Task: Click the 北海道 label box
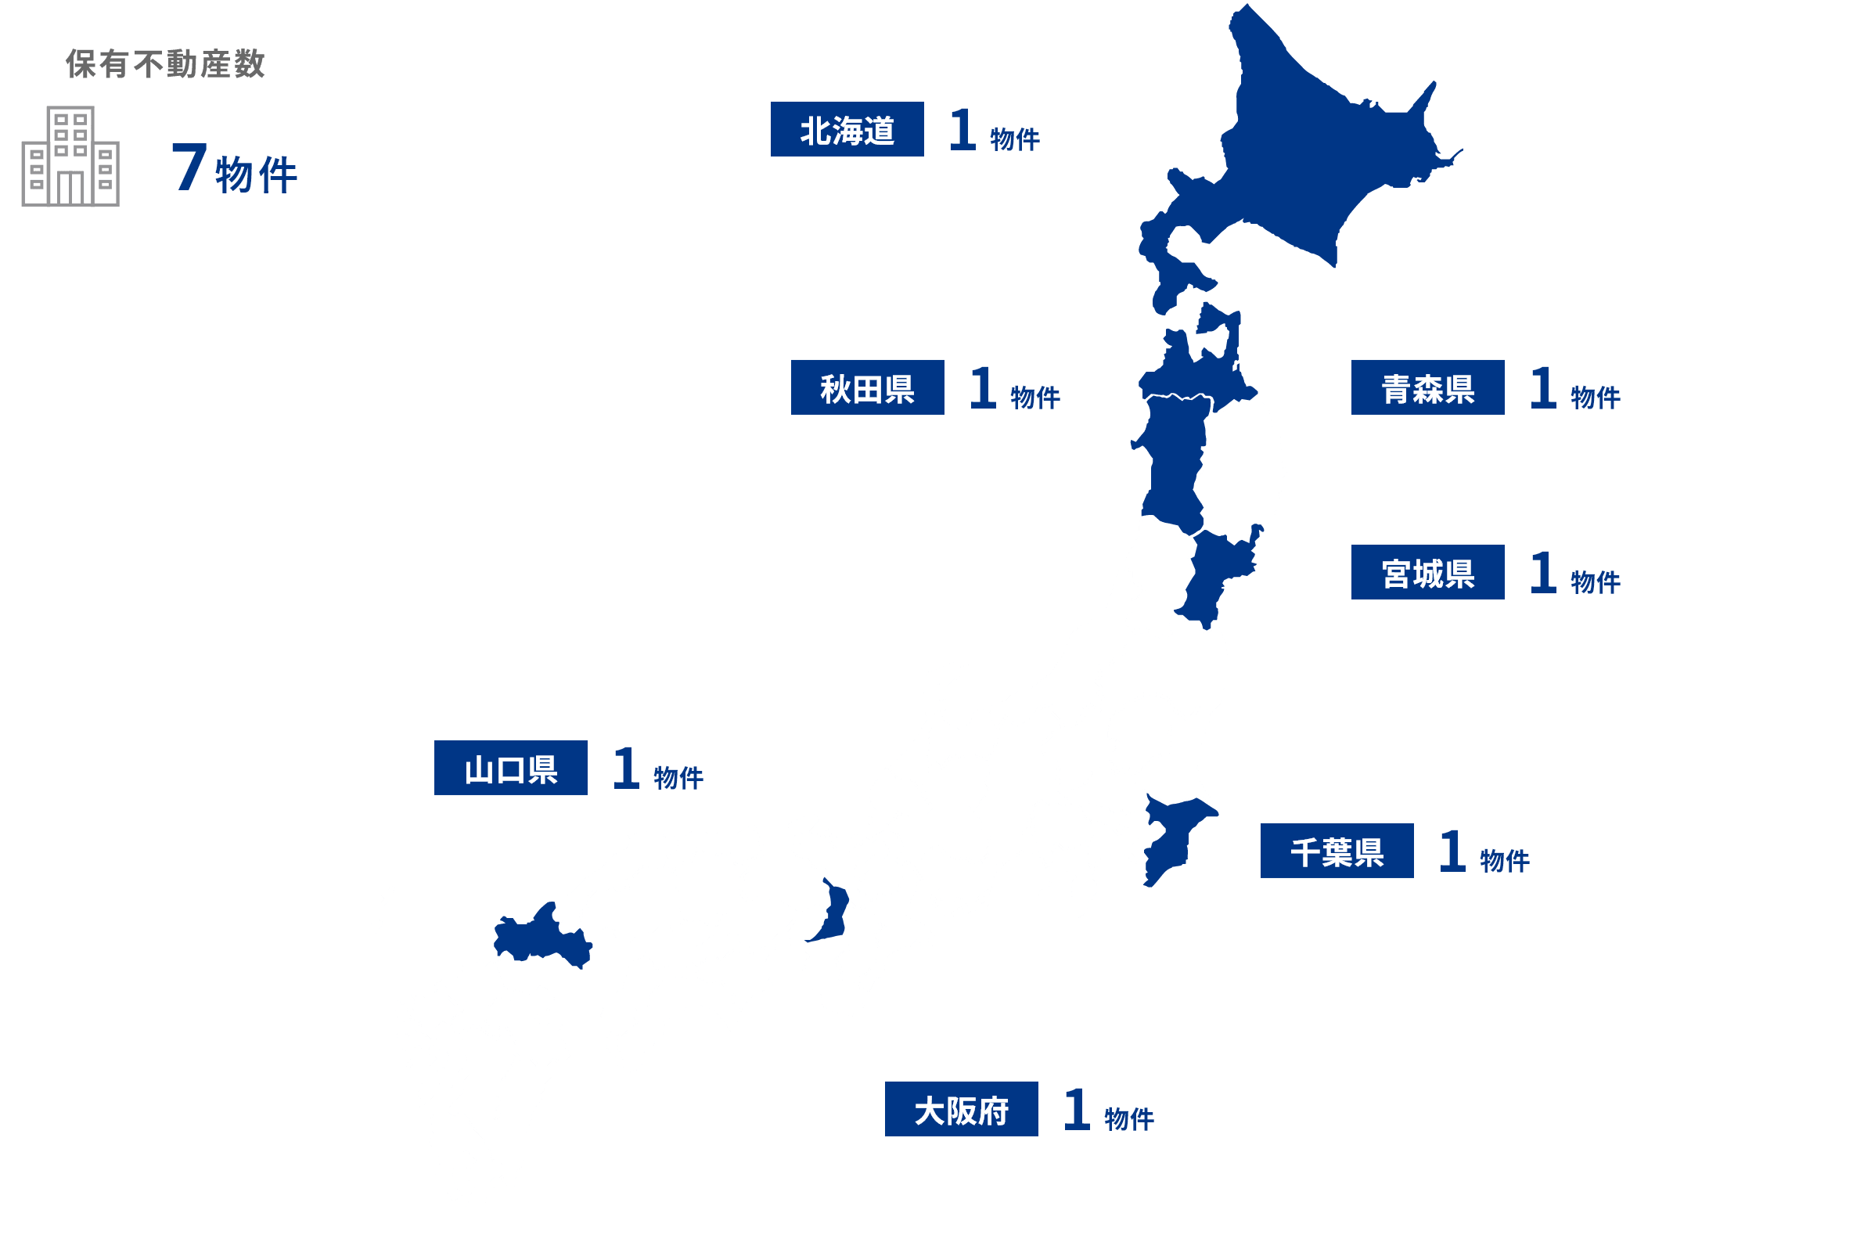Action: (x=847, y=129)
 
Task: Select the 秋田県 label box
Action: (x=867, y=387)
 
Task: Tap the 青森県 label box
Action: (x=1427, y=387)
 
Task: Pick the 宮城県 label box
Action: (x=1427, y=573)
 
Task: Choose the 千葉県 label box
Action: (x=1337, y=851)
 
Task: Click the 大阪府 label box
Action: (x=961, y=1109)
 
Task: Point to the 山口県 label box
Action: (x=510, y=768)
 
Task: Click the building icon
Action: (x=70, y=157)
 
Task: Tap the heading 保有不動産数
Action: (x=165, y=64)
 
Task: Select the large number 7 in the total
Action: (x=189, y=167)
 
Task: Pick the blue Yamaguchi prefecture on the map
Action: (x=539, y=938)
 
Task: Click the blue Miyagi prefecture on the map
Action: (x=1213, y=575)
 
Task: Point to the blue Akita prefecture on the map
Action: (x=1173, y=465)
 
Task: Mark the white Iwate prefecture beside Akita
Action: (x=1240, y=473)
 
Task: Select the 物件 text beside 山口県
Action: (x=678, y=777)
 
